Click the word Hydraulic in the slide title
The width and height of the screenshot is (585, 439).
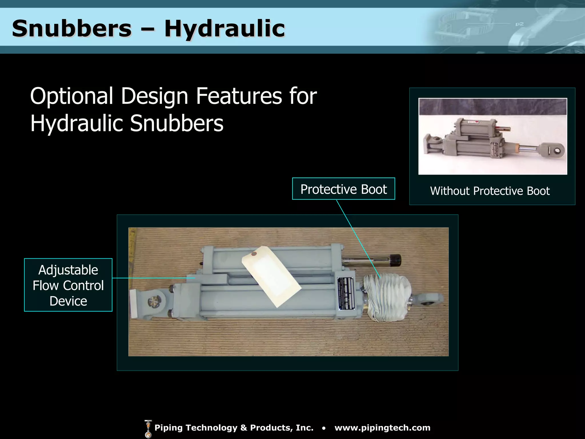click(225, 29)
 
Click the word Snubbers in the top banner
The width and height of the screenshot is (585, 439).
click(72, 29)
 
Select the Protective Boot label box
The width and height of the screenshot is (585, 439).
click(343, 189)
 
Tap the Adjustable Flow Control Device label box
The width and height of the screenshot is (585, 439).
click(68, 285)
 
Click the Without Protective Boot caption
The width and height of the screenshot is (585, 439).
click(490, 191)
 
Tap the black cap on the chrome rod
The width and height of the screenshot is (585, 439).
click(395, 260)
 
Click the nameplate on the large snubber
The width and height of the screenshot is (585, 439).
click(346, 293)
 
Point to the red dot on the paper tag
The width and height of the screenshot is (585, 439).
click(253, 253)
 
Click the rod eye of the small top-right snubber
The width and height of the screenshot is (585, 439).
click(556, 150)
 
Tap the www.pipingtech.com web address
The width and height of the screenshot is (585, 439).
click(382, 428)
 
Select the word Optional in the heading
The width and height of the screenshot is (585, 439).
click(71, 96)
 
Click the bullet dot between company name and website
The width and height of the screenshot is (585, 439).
click(324, 428)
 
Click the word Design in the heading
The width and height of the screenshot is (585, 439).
click(154, 97)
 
